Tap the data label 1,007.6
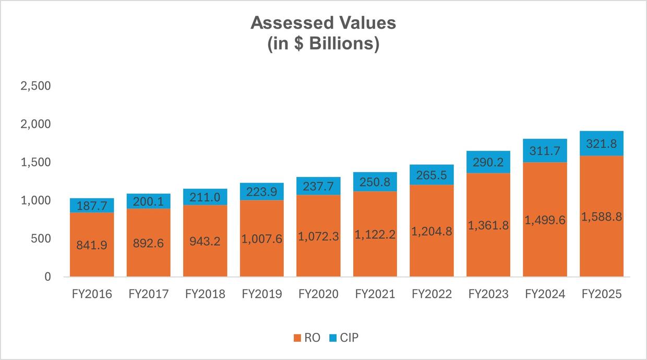point(261,239)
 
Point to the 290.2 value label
point(488,162)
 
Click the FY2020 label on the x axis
point(318,294)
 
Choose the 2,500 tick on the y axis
point(35,86)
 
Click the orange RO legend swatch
point(297,338)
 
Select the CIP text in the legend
point(349,338)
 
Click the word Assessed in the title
point(285,23)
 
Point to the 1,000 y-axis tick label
point(35,201)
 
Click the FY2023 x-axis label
point(488,294)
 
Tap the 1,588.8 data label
point(602,217)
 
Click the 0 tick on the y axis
point(47,277)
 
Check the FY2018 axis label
point(205,294)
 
